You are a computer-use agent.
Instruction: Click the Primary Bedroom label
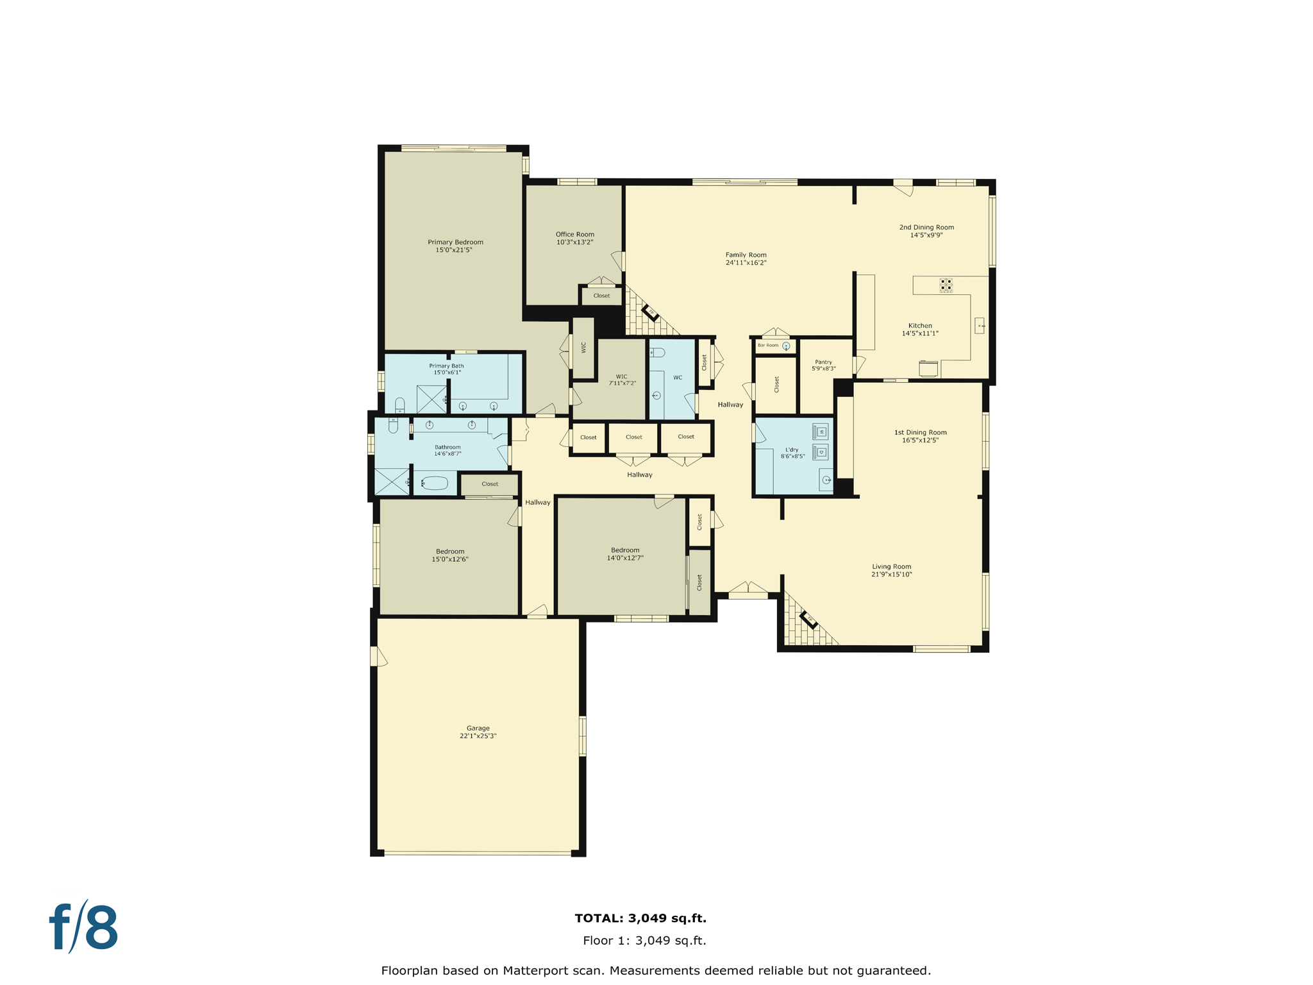point(455,242)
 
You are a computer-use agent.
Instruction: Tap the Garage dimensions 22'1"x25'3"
point(478,736)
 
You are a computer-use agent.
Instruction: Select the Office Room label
point(574,235)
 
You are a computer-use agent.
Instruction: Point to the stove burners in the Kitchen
point(946,285)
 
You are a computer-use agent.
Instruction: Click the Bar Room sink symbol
point(786,346)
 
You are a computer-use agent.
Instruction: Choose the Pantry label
point(823,362)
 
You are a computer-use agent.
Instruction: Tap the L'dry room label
point(792,450)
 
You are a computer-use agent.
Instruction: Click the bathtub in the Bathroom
point(435,483)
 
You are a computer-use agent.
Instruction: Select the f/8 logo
point(84,928)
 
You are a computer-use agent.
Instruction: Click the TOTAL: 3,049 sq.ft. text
point(640,918)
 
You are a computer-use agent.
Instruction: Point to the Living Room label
point(891,567)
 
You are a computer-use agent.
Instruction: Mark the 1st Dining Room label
point(920,432)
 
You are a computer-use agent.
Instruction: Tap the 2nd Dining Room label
point(926,227)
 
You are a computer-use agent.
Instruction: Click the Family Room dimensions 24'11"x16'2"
point(746,263)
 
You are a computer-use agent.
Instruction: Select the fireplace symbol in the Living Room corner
point(808,619)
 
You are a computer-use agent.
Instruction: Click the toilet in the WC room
point(657,353)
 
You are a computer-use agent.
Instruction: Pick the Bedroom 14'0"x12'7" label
point(624,550)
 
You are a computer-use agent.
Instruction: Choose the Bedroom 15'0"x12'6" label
point(450,551)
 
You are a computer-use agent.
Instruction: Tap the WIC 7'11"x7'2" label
point(621,380)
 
